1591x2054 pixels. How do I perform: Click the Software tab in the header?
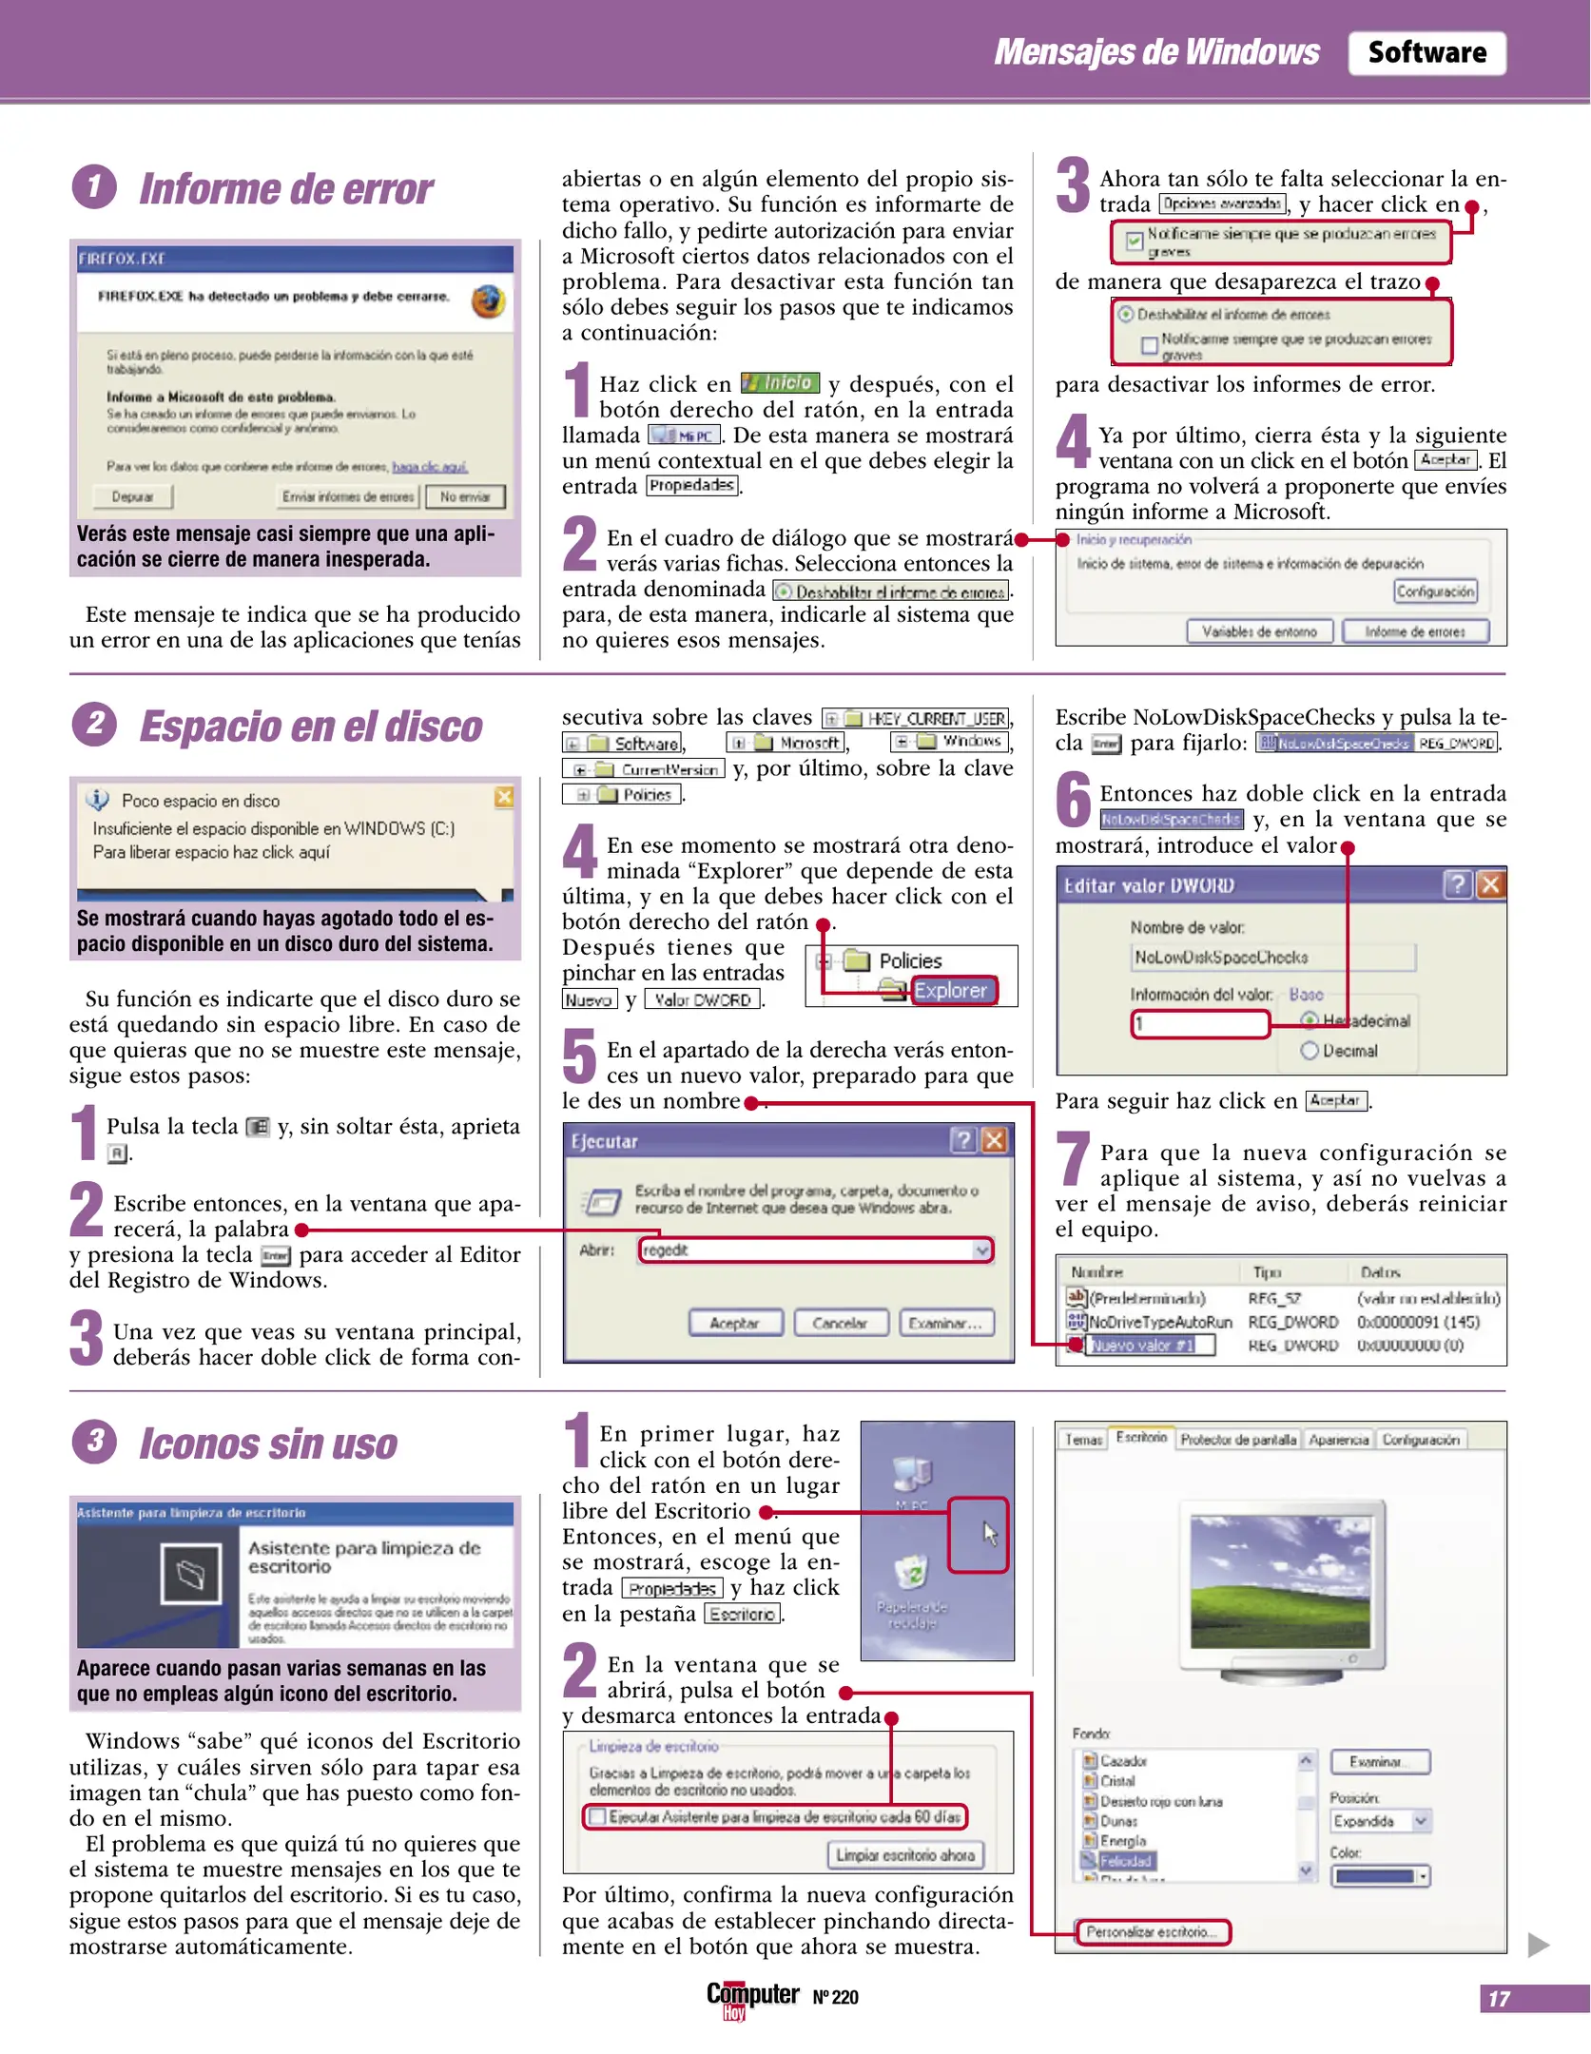click(x=1426, y=52)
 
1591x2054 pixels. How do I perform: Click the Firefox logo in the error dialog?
click(x=488, y=301)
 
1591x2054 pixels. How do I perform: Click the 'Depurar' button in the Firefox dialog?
click(x=133, y=496)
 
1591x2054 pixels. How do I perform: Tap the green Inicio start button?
click(x=779, y=382)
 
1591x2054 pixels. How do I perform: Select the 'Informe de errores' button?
click(x=1414, y=631)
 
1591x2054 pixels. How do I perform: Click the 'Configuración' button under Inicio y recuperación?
click(x=1434, y=591)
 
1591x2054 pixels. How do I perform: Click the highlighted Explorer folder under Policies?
click(x=950, y=991)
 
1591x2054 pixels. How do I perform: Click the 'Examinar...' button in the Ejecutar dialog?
click(x=945, y=1323)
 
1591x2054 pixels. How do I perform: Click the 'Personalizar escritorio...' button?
click(x=1152, y=1932)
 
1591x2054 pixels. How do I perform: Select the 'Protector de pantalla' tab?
click(x=1237, y=1440)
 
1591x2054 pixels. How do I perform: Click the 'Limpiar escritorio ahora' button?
click(x=904, y=1855)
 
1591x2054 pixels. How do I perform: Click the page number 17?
click(x=1499, y=1999)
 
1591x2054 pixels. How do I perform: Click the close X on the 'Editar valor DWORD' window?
click(x=1490, y=885)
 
